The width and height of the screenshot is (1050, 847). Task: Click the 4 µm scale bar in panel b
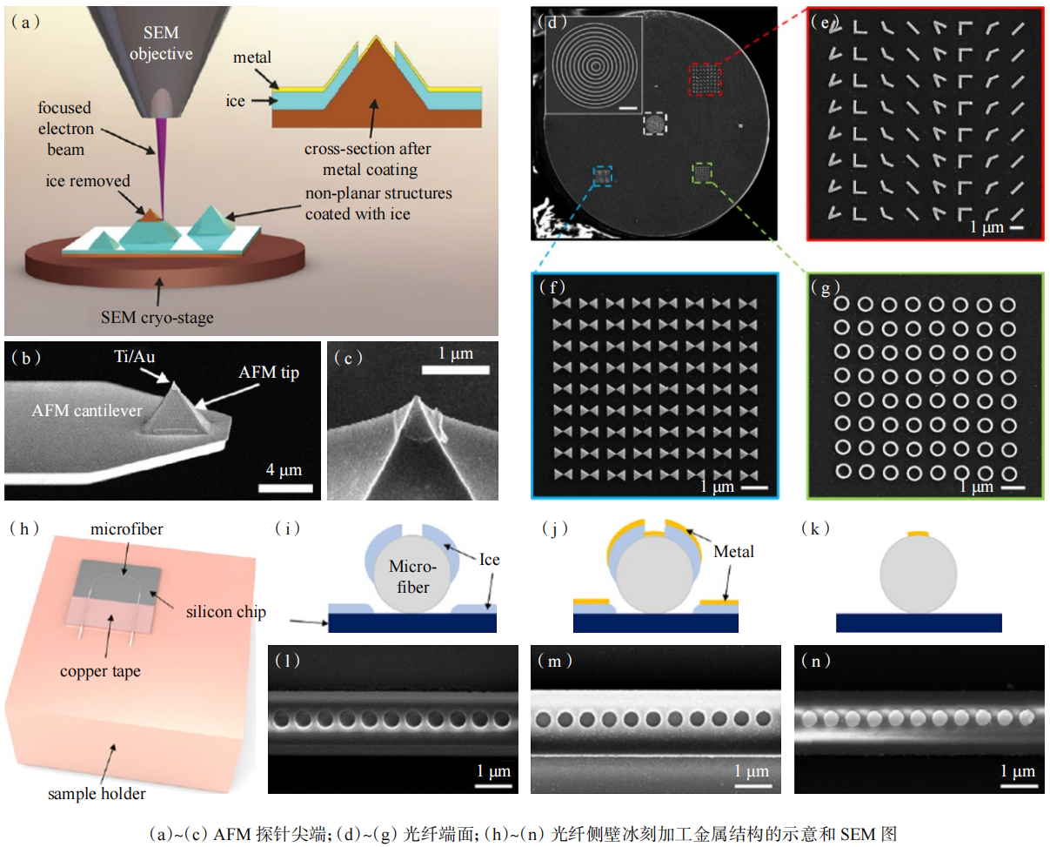coord(284,484)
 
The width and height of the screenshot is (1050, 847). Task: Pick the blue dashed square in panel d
coord(601,178)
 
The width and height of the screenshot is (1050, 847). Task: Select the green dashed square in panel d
coord(703,172)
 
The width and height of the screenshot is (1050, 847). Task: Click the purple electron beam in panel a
coord(160,156)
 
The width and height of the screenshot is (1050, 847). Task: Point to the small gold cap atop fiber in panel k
coord(919,533)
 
